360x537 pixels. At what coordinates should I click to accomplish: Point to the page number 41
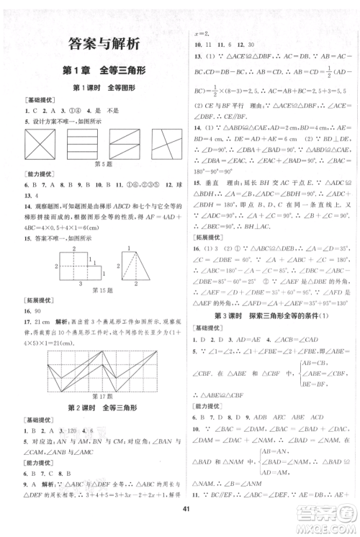pyautogui.click(x=180, y=510)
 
